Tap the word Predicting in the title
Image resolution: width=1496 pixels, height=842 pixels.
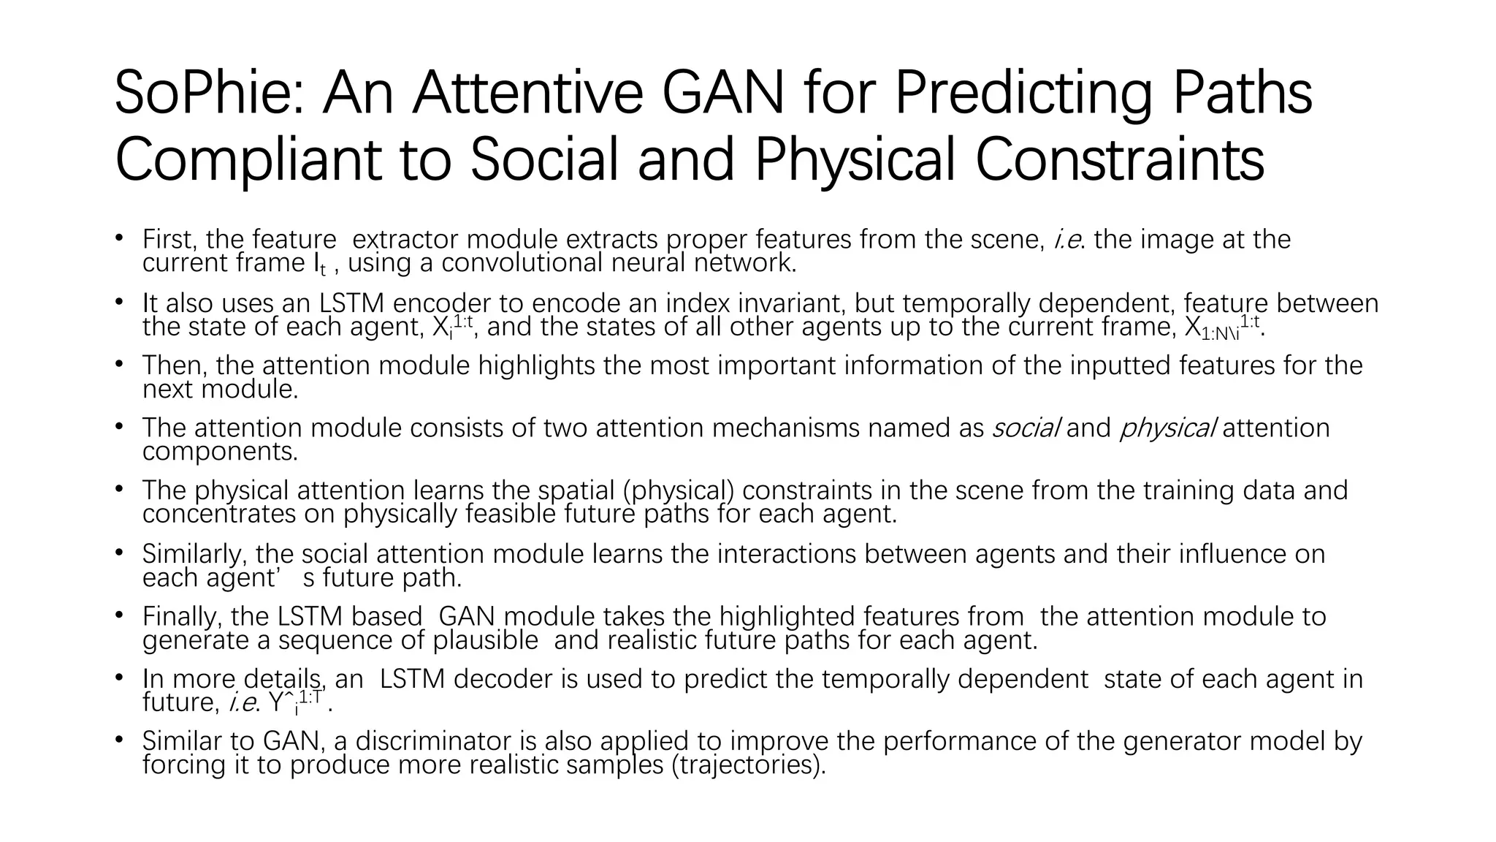tap(1023, 94)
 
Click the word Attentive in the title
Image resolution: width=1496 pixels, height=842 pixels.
tap(527, 94)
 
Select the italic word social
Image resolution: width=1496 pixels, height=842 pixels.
tap(1025, 428)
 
